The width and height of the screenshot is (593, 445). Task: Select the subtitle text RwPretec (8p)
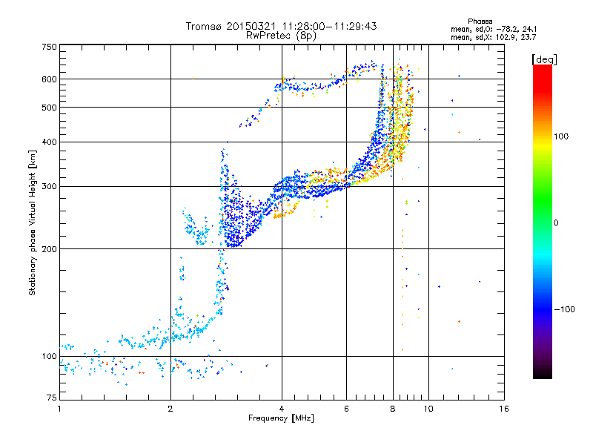pos(282,35)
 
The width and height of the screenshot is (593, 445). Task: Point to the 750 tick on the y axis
pos(50,47)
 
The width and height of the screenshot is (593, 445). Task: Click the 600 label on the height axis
pos(50,79)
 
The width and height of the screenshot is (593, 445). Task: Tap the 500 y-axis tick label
pos(50,108)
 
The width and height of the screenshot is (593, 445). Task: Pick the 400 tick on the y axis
pos(50,142)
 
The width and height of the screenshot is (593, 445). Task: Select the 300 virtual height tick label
pos(50,186)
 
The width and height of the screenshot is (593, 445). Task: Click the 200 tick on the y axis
pos(50,248)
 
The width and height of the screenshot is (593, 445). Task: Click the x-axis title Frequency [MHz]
pos(281,418)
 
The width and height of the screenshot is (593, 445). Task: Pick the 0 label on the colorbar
pos(557,222)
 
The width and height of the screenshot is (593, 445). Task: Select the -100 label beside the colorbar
pos(563,309)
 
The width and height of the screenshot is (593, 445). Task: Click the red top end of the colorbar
pos(542,68)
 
